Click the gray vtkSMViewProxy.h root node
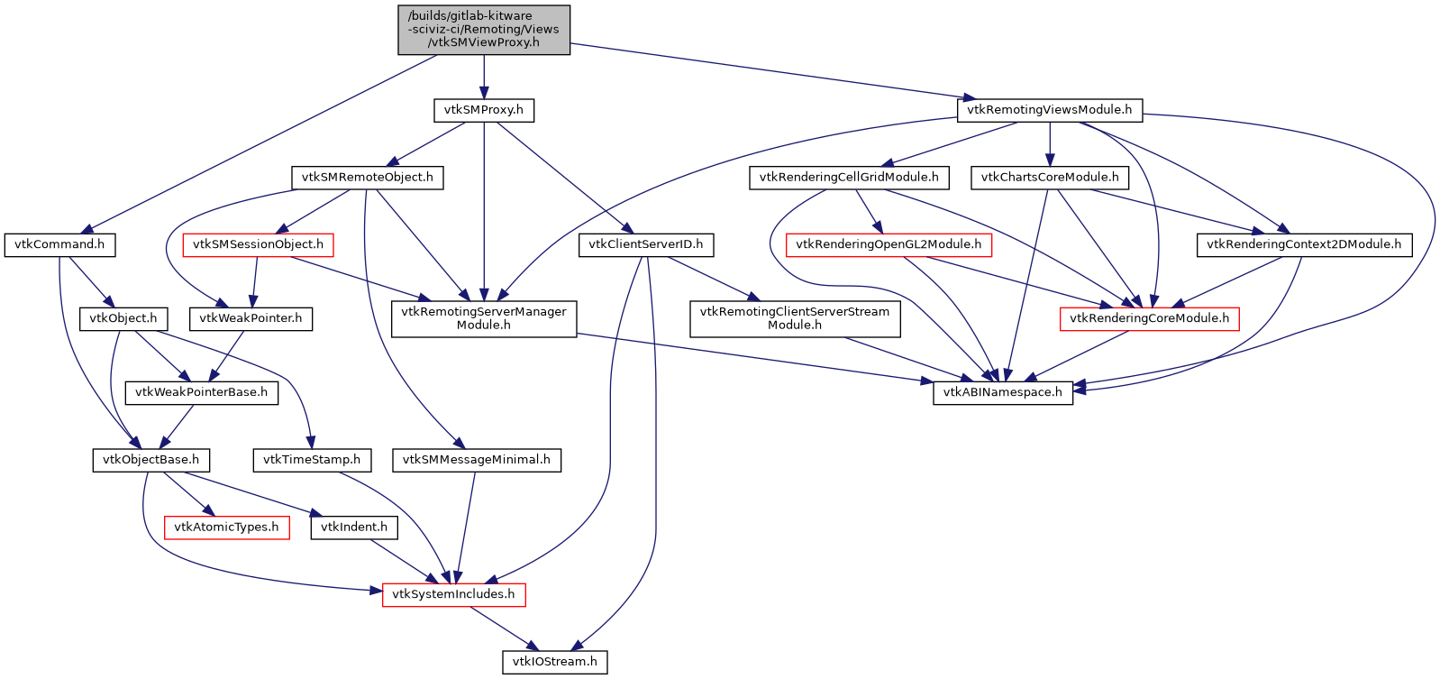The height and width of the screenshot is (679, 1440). tap(484, 29)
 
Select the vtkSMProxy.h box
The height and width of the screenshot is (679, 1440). tap(484, 110)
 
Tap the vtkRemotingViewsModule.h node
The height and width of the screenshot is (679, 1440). tap(1049, 110)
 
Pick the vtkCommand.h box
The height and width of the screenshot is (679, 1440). tap(59, 244)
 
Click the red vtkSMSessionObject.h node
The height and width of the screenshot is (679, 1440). tap(258, 244)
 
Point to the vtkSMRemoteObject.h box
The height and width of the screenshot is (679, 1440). tap(368, 178)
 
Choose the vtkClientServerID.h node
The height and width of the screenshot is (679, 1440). tap(646, 244)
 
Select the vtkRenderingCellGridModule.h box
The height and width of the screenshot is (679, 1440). tap(849, 178)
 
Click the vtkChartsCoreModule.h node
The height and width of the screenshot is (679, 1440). tap(1050, 178)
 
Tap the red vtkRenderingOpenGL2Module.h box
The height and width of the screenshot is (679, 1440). tap(889, 244)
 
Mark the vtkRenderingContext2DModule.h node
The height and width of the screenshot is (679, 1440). tap(1304, 244)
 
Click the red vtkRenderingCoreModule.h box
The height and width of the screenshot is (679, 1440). tap(1149, 318)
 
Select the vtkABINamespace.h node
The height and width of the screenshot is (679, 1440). tap(1003, 392)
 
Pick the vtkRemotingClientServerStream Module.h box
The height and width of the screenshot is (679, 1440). tap(795, 318)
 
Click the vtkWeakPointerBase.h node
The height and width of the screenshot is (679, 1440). tap(201, 392)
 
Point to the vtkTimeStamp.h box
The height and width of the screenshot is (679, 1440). tap(312, 460)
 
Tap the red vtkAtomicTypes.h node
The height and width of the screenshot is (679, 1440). tap(226, 528)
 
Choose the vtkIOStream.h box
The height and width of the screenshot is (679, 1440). tap(555, 662)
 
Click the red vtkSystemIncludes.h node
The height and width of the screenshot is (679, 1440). tap(453, 595)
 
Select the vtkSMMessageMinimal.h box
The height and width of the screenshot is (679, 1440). tap(477, 460)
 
